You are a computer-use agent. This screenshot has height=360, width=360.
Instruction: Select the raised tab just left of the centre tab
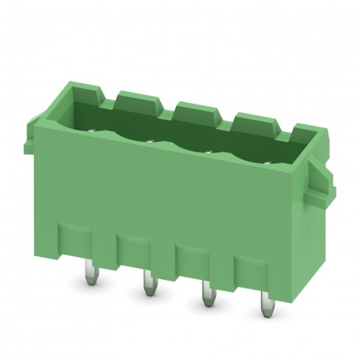[x=137, y=99]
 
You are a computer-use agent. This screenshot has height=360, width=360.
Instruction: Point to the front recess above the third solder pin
[x=197, y=259]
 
